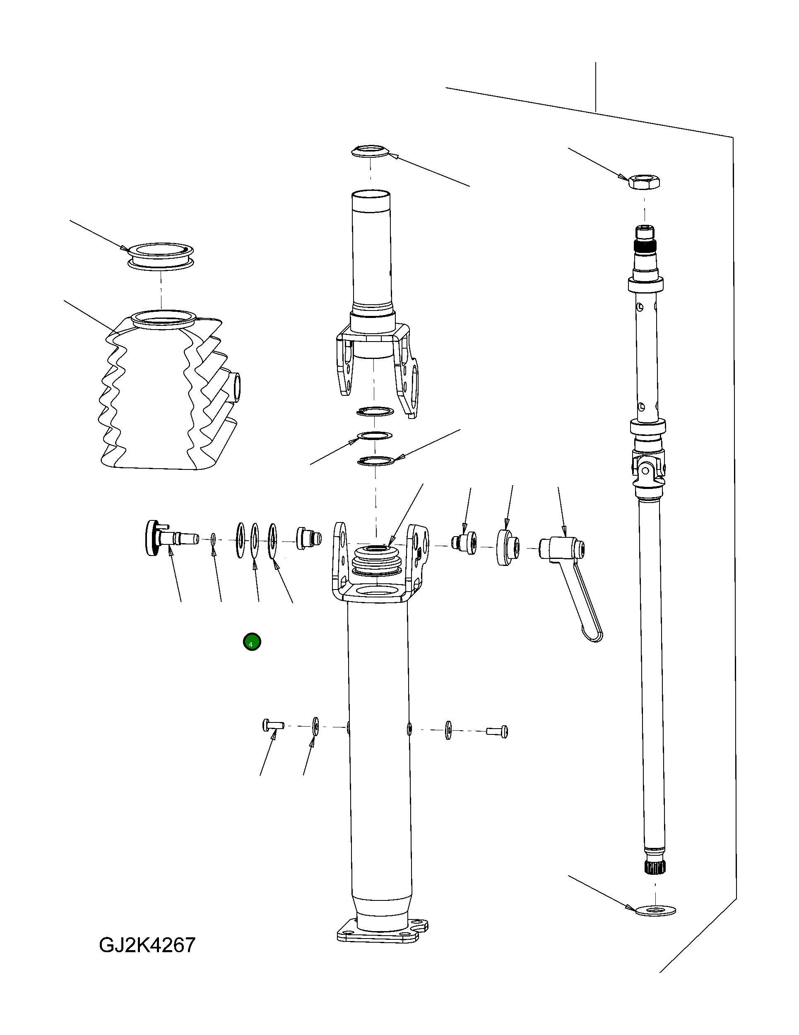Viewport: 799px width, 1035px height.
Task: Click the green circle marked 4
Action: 252,642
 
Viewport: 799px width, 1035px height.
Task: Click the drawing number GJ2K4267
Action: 147,945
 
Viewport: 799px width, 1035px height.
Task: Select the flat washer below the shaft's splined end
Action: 656,910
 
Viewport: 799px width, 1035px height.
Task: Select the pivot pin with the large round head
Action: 166,538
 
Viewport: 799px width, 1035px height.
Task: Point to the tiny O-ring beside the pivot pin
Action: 213,539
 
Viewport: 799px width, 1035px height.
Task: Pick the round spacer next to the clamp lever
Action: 508,547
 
